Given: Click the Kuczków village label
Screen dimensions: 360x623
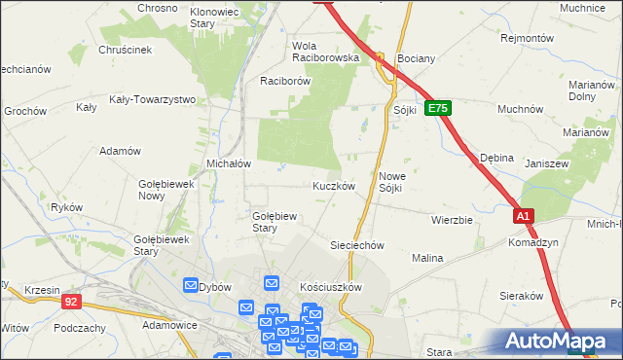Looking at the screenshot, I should [333, 185].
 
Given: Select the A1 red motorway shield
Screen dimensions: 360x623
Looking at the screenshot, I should [524, 216].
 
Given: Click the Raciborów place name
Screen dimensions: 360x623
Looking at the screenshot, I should [284, 82].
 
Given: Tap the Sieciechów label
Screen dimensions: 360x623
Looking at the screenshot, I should [359, 245].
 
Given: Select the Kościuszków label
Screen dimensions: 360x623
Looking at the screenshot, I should [331, 287].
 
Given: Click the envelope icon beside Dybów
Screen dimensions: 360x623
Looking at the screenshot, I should [191, 285].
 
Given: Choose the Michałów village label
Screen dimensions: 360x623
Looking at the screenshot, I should [230, 163].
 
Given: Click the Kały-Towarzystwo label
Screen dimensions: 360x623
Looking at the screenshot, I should [153, 99].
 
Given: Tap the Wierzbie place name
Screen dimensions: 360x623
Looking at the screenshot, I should [452, 220].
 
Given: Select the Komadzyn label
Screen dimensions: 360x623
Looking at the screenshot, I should [532, 242].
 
